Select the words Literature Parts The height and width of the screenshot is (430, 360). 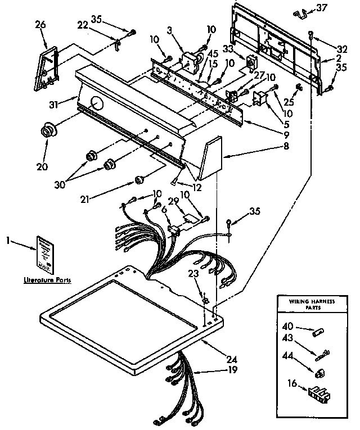47,279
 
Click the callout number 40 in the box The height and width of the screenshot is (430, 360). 287,325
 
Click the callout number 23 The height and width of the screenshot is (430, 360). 193,275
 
